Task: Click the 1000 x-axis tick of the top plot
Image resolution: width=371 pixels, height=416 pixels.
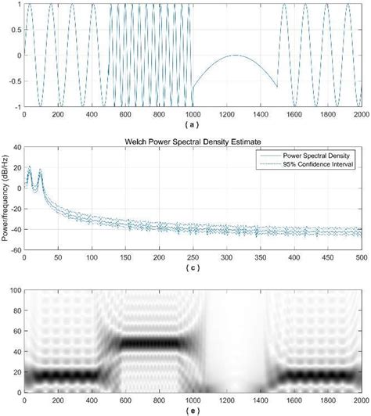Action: pos(193,113)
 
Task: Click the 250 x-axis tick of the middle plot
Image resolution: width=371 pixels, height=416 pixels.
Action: pos(193,257)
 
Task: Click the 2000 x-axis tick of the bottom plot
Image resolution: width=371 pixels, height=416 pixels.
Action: pos(360,398)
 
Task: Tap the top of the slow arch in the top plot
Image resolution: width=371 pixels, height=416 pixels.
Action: pos(235,56)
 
